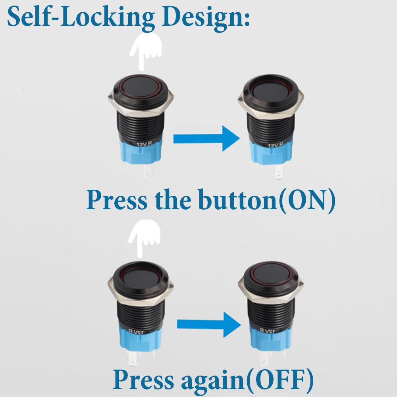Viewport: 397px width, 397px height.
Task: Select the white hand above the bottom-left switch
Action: (144, 238)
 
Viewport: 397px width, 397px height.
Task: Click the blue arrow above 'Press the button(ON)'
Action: (206, 139)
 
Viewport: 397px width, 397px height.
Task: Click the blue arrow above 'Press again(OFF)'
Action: (209, 325)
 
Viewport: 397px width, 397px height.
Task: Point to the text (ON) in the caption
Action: (307, 200)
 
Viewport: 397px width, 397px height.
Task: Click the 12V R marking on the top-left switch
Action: (145, 144)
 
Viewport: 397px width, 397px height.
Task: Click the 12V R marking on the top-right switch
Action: (276, 145)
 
